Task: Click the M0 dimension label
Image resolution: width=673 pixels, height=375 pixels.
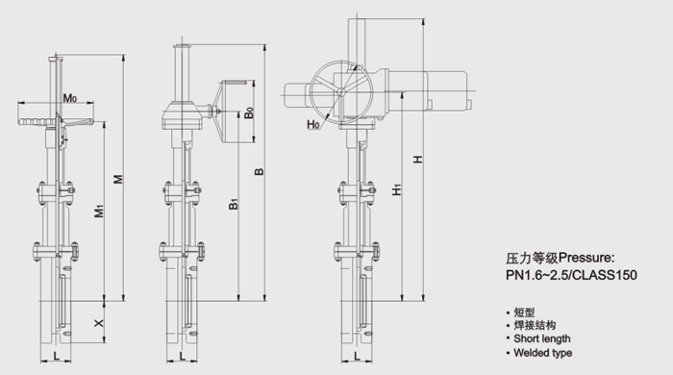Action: point(70,98)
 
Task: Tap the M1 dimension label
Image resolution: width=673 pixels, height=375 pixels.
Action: point(99,211)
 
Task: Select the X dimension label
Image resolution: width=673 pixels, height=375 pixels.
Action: point(99,322)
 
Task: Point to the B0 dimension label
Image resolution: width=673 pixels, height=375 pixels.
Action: point(248,112)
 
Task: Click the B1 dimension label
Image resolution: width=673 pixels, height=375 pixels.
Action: point(233,204)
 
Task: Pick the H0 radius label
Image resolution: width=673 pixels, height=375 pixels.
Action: point(313,124)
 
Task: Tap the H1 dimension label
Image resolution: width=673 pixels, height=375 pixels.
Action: point(397,189)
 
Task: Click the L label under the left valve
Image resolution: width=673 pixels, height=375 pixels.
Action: point(56,355)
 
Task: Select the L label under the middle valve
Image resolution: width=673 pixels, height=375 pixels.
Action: point(183,356)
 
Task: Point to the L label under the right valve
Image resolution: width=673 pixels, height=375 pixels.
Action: point(357,356)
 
